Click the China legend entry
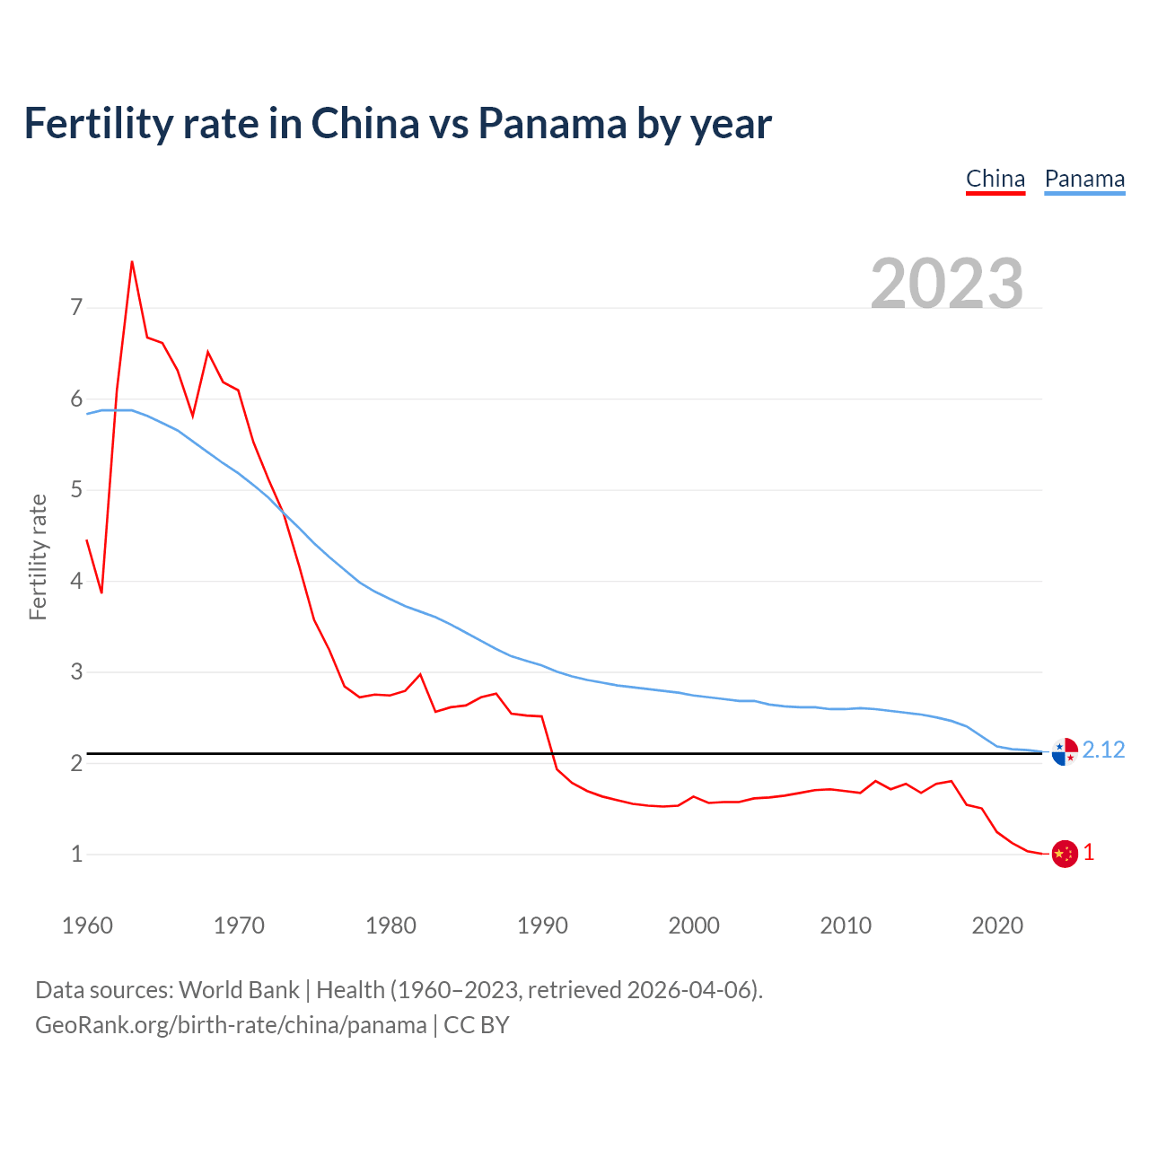click(x=996, y=179)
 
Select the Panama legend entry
click(x=1084, y=179)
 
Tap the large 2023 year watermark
click(x=947, y=284)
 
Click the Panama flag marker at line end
click(x=1065, y=751)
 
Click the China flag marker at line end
click(x=1065, y=854)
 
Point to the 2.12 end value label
click(x=1103, y=750)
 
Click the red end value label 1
click(x=1089, y=853)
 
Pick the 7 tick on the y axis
click(x=76, y=308)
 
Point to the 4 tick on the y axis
click(x=76, y=581)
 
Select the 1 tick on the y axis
click(x=76, y=854)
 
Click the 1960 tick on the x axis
click(x=87, y=925)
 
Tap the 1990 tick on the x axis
click(x=542, y=925)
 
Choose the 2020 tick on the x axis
click(x=997, y=925)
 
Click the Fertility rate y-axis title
click(x=38, y=557)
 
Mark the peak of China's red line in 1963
click(x=132, y=262)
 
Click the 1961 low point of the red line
click(x=101, y=592)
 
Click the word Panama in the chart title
click(x=551, y=123)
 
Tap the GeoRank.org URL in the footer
click(x=231, y=1025)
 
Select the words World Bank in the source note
click(x=239, y=990)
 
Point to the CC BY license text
click(x=477, y=1025)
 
